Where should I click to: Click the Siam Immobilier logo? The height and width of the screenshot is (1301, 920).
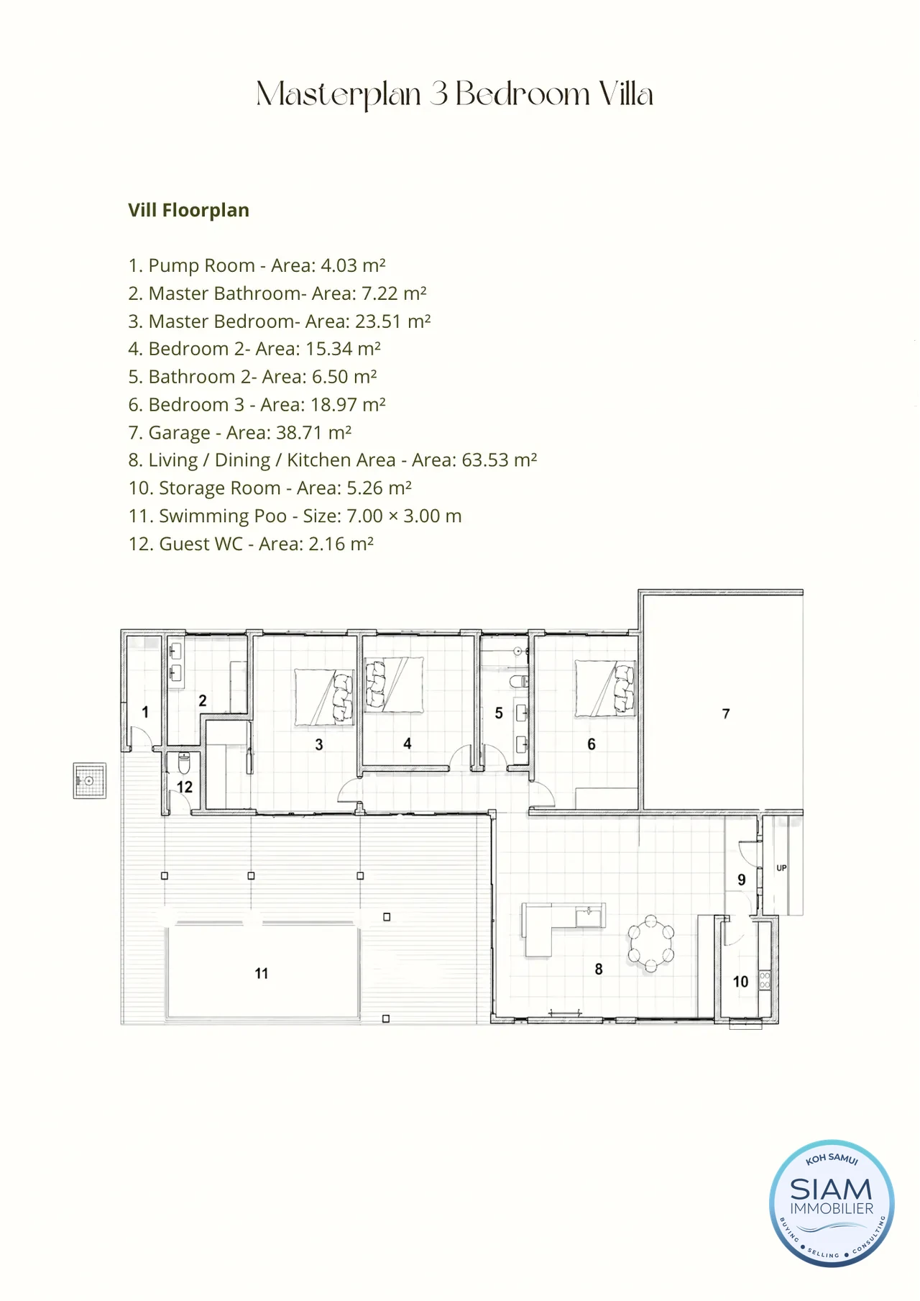(x=832, y=1203)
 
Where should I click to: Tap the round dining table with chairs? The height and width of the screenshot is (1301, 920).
(x=651, y=944)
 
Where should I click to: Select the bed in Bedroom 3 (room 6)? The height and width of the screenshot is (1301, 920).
(x=605, y=689)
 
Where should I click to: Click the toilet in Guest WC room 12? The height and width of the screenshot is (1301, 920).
(x=184, y=762)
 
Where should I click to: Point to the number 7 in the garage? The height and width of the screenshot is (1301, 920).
(x=726, y=713)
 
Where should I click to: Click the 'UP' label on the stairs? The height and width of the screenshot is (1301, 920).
(x=781, y=868)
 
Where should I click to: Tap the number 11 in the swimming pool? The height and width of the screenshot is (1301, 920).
(x=262, y=973)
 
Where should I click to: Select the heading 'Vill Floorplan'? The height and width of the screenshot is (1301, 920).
(x=188, y=210)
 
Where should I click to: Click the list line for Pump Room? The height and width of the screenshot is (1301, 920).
(x=257, y=265)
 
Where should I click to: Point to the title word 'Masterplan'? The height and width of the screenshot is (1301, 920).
(x=339, y=95)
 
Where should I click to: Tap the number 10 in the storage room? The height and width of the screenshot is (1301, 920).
(x=740, y=982)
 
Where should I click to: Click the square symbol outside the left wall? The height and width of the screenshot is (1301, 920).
(x=90, y=781)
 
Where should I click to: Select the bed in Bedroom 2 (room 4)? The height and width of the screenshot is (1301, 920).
(x=394, y=685)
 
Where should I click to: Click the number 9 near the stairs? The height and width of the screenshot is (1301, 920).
(x=742, y=880)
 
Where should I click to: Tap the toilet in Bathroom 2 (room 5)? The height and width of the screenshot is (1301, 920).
(x=518, y=681)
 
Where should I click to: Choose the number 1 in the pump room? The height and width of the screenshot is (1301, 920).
(x=145, y=712)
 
